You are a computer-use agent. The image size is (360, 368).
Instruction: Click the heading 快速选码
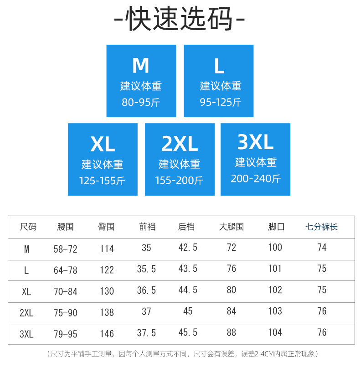[180, 19]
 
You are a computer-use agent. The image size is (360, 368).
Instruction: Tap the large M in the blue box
[141, 66]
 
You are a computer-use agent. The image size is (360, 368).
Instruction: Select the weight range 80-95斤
[141, 102]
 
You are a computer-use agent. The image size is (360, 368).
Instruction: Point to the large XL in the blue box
[103, 145]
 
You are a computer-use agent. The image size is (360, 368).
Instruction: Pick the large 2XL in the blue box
[180, 145]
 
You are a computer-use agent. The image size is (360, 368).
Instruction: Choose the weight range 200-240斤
[255, 178]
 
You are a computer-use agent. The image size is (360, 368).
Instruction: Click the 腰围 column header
[66, 227]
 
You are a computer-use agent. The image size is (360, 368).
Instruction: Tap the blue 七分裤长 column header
[322, 227]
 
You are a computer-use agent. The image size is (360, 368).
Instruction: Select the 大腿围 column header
[231, 227]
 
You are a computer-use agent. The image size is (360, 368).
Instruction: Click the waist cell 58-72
[66, 249]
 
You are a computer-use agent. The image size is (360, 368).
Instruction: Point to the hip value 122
[107, 270]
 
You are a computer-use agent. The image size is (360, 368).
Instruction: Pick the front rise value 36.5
[146, 290]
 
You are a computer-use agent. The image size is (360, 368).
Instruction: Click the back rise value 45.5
[188, 333]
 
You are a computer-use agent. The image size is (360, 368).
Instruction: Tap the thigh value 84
[231, 311]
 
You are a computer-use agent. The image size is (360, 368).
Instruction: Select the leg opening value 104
[275, 332]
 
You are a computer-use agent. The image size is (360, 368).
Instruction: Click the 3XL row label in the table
[27, 334]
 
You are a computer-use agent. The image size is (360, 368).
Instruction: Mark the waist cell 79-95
[66, 334]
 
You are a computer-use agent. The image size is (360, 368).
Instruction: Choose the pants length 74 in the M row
[322, 248]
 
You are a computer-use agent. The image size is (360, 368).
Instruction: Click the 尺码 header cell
[28, 227]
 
